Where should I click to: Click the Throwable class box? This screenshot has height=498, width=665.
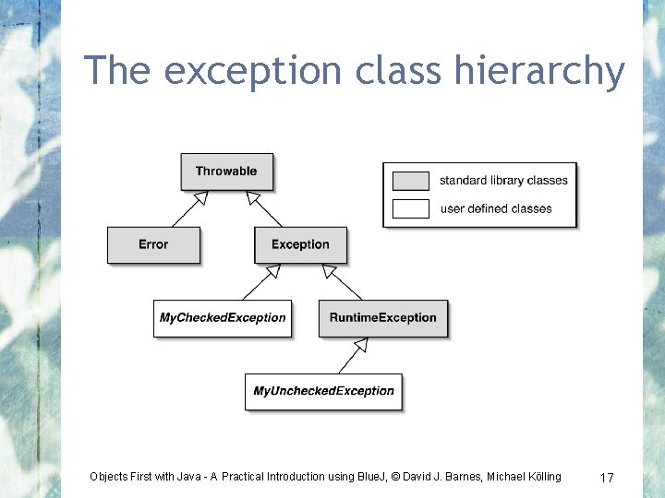226,172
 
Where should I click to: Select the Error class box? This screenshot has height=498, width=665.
153,244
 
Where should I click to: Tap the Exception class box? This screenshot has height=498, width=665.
300,244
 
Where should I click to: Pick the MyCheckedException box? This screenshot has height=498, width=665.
223,318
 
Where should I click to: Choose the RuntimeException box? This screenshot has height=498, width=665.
382,318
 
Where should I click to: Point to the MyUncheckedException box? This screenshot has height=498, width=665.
323,391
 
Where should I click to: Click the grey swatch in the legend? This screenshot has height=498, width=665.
410,181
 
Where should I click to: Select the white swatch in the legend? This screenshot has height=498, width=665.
410,208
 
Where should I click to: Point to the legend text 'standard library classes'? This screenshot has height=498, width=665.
503,181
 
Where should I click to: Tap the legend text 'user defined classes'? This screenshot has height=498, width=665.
496,208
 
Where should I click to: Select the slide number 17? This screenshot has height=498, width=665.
607,478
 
